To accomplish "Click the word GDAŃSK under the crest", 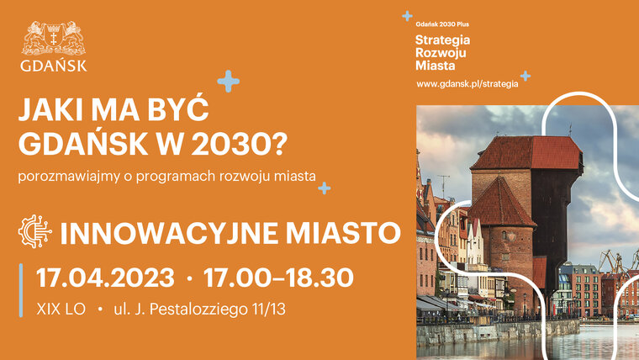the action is click(x=53, y=66).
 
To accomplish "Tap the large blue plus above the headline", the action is click(x=228, y=81).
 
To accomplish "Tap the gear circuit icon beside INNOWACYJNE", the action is click(x=35, y=231).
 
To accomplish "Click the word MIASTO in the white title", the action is click(x=343, y=233).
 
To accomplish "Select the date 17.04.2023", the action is click(x=105, y=278).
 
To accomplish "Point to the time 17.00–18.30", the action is click(x=278, y=278).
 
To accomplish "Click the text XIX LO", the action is click(x=61, y=309).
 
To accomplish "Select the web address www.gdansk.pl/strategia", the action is click(x=467, y=84).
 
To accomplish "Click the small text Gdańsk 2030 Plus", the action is click(x=442, y=24).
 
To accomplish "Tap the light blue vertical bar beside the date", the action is click(x=21, y=290).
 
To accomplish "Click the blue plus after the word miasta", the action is click(x=325, y=188).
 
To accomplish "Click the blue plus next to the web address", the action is click(x=525, y=76).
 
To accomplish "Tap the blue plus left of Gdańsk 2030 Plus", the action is click(x=407, y=16).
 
